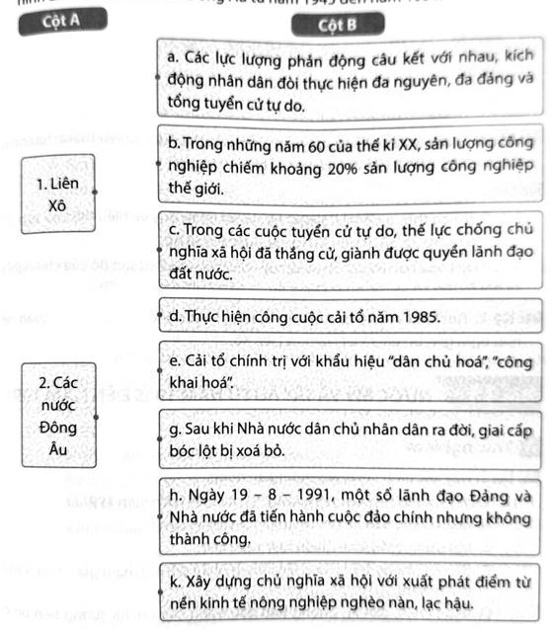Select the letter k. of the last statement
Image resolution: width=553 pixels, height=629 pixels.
coord(175,581)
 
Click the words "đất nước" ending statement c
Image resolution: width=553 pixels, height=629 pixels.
coord(202,274)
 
